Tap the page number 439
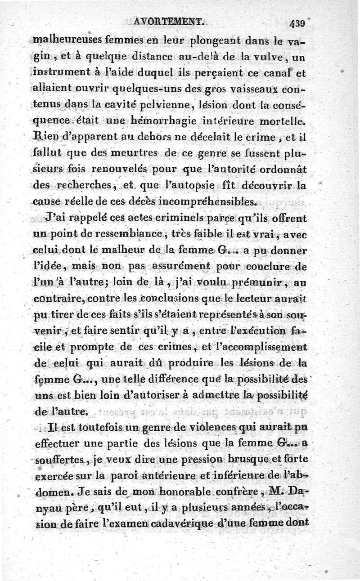(x=298, y=22)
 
